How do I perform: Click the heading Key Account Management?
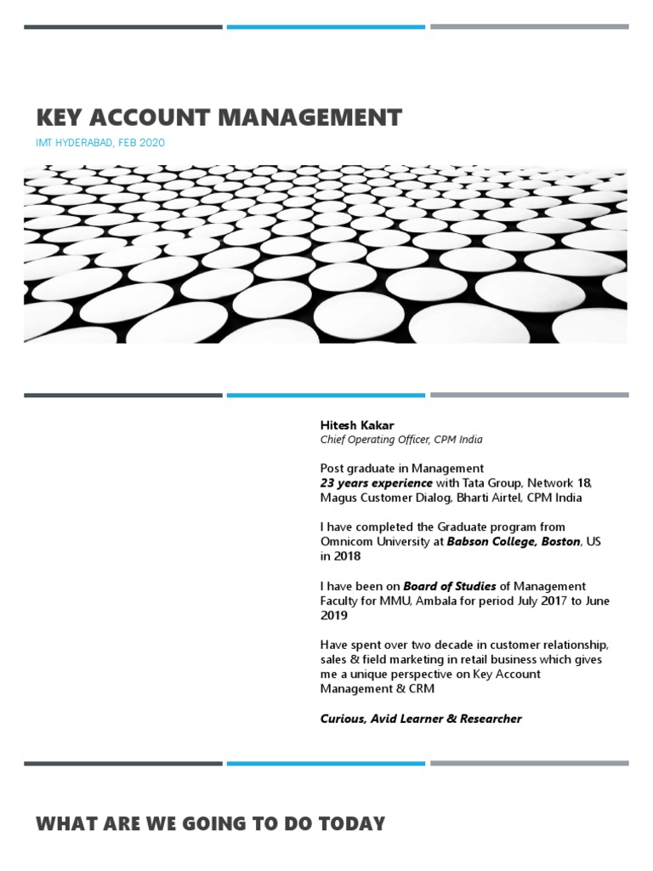219,117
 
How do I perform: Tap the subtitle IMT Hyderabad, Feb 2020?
100,143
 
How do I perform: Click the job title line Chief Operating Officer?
401,440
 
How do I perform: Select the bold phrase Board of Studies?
450,586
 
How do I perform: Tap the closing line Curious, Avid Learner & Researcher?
421,719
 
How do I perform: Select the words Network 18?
565,483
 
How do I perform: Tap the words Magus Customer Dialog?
386,498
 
